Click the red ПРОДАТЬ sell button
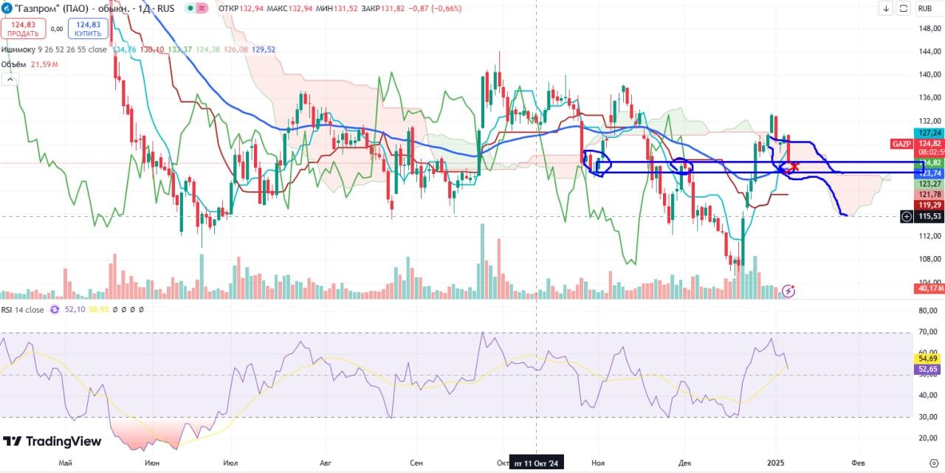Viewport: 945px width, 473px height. pyautogui.click(x=24, y=29)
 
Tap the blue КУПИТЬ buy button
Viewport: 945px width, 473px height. pyautogui.click(x=88, y=29)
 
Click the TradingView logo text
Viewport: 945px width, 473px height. pyautogui.click(x=52, y=441)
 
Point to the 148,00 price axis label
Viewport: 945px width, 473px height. pyautogui.click(x=929, y=28)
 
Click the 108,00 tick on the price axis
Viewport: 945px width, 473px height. pyautogui.click(x=929, y=259)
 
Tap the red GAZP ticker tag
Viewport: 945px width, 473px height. pyautogui.click(x=901, y=143)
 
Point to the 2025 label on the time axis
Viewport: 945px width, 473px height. pyautogui.click(x=775, y=463)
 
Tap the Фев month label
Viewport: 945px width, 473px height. pyautogui.click(x=858, y=463)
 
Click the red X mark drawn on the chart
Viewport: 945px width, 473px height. pyautogui.click(x=794, y=167)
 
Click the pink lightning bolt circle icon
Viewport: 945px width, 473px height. pyautogui.click(x=788, y=291)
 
